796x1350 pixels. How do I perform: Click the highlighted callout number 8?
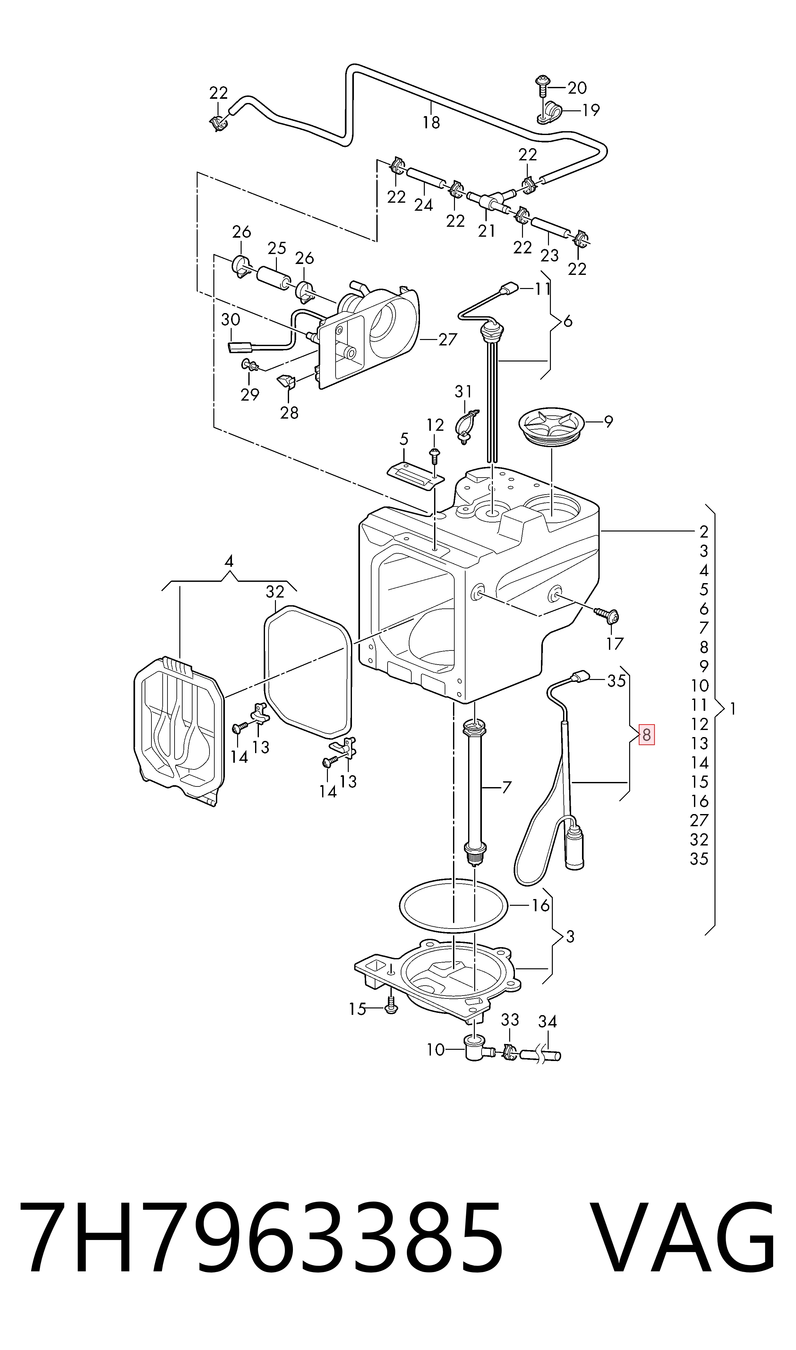[x=646, y=734]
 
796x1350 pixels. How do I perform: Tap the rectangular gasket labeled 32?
[x=308, y=671]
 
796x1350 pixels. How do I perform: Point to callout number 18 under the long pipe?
[x=431, y=123]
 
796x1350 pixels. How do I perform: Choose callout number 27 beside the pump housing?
[x=447, y=339]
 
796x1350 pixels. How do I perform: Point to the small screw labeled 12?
[x=434, y=457]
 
